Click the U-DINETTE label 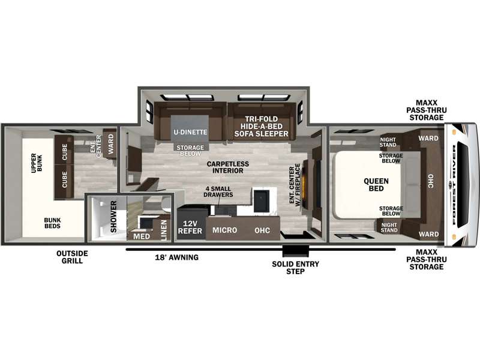pyautogui.click(x=190, y=132)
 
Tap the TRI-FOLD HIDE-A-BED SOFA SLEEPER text pyautogui.click(x=262, y=127)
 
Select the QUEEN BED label pyautogui.click(x=376, y=185)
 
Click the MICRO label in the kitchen pyautogui.click(x=224, y=230)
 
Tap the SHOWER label pyautogui.click(x=113, y=217)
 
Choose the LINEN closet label pyautogui.click(x=164, y=230)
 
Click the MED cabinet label pyautogui.click(x=142, y=236)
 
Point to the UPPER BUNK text pyautogui.click(x=37, y=163)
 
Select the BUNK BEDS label pyautogui.click(x=52, y=223)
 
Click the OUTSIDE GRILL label pyautogui.click(x=72, y=257)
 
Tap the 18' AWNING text pyautogui.click(x=176, y=257)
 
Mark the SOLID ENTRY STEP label pyautogui.click(x=295, y=268)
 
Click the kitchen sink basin pyautogui.click(x=261, y=201)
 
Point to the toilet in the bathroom pyautogui.click(x=166, y=204)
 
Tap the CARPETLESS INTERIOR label pyautogui.click(x=228, y=167)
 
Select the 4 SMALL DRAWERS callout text pyautogui.click(x=218, y=191)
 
